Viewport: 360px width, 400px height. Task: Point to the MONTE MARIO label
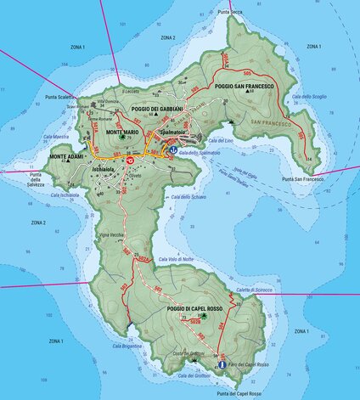click(121, 133)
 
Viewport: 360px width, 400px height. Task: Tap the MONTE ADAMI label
click(67, 158)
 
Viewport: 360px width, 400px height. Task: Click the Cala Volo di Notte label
click(176, 258)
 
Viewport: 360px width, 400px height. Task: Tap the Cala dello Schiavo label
click(188, 197)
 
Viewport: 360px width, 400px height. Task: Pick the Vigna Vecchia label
click(111, 234)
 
